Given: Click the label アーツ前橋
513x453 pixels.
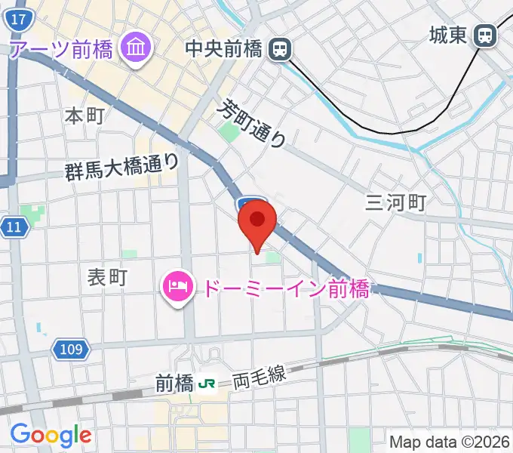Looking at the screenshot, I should tap(61, 50).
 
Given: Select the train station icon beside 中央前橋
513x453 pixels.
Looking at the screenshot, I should tap(281, 50).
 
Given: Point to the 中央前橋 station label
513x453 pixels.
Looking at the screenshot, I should tap(225, 50).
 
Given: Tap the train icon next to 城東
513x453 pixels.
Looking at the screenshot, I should tap(485, 35).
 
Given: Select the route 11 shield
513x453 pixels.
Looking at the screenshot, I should tap(13, 226).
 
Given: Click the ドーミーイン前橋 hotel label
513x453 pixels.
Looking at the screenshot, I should tap(282, 288).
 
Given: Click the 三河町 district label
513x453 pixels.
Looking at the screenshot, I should tap(396, 202).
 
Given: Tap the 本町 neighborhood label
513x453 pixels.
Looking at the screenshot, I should tap(84, 116).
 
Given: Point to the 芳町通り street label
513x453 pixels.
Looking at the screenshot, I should tap(253, 125).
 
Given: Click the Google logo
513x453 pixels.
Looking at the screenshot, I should tap(51, 435).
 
